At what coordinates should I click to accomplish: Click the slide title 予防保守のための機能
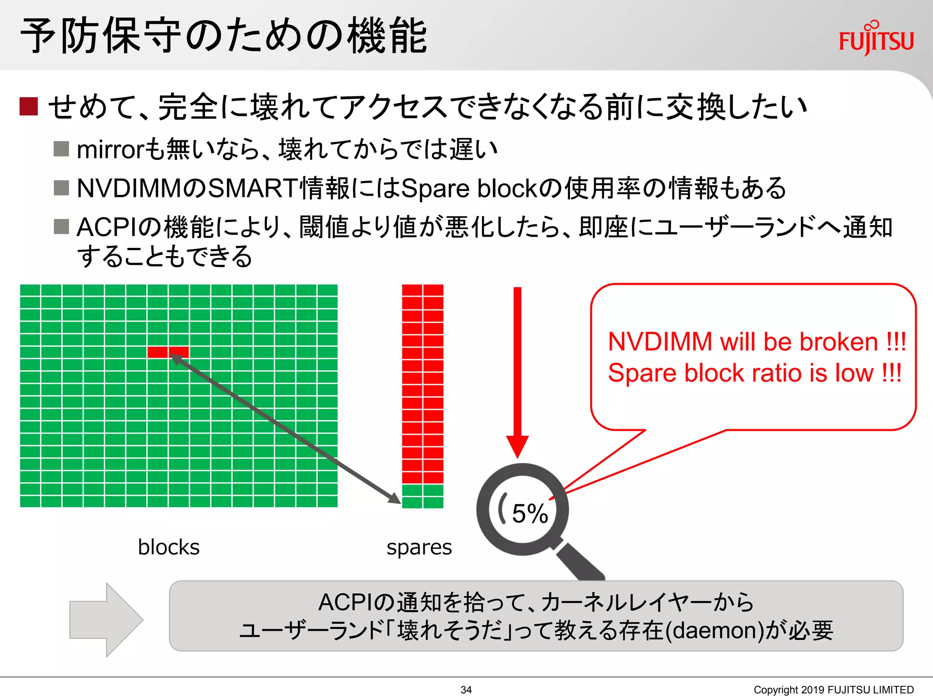tap(223, 36)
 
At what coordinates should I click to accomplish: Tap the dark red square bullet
tap(28, 106)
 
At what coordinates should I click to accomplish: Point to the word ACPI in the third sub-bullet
tap(107, 227)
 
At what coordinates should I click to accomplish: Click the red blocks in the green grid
tap(168, 352)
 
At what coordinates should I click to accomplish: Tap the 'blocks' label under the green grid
tap(169, 547)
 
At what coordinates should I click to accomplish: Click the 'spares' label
tap(419, 547)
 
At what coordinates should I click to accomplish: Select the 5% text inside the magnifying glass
tap(529, 514)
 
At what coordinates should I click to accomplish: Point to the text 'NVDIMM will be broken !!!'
tap(757, 342)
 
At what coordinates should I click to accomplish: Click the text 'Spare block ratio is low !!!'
tap(754, 373)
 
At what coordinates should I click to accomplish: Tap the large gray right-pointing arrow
tap(106, 620)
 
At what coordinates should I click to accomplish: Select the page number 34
tap(466, 690)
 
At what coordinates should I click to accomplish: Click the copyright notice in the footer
tap(833, 690)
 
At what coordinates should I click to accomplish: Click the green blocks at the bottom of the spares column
tap(422, 496)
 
